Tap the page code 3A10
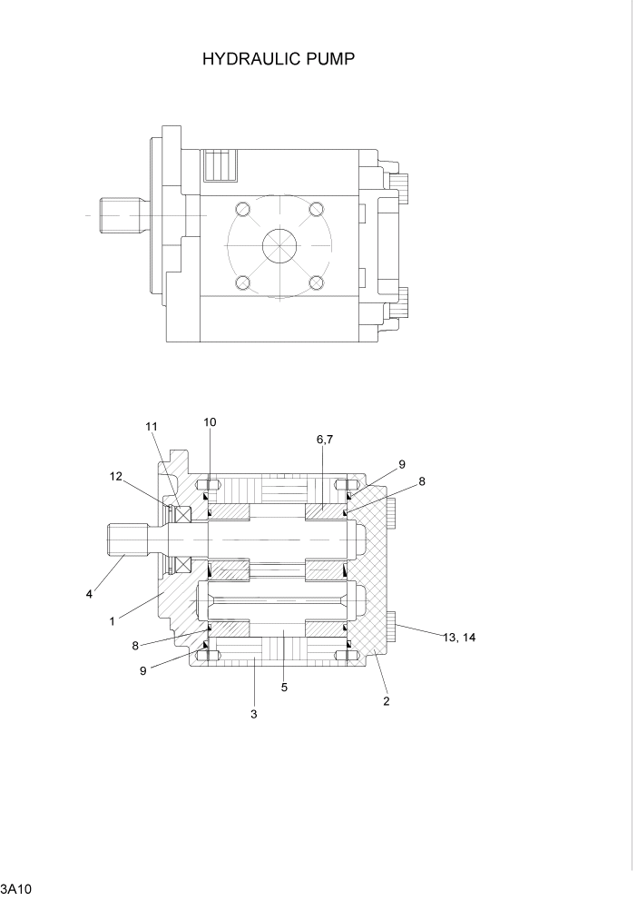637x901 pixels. [x=17, y=887]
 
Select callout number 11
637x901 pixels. [x=151, y=426]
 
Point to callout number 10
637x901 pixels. [x=210, y=422]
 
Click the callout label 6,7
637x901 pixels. [x=326, y=439]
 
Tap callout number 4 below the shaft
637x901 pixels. [x=89, y=595]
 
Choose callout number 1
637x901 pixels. [x=112, y=621]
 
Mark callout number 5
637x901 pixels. [x=284, y=688]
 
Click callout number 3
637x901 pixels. [x=254, y=714]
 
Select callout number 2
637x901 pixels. [x=387, y=701]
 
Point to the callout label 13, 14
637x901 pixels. [x=459, y=638]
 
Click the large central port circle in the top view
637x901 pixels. [x=279, y=246]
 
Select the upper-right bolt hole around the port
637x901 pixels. [x=316, y=211]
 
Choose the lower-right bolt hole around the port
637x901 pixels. [x=316, y=283]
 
